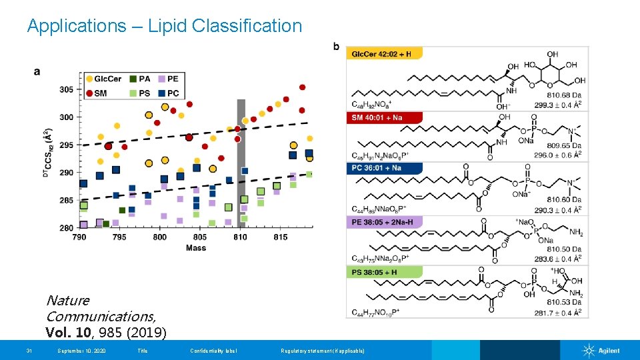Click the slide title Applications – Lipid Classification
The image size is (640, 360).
(164, 26)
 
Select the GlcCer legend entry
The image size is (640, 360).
(103, 79)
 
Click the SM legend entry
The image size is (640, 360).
(96, 94)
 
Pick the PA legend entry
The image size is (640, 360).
(139, 79)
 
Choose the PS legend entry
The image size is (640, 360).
(139, 94)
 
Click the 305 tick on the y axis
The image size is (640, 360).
(67, 89)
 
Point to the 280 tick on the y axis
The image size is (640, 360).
(67, 228)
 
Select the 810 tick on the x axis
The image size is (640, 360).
(241, 237)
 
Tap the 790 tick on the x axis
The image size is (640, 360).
(79, 237)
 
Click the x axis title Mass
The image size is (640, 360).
(196, 248)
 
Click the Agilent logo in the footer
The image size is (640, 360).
(601, 351)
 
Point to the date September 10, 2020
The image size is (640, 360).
(81, 351)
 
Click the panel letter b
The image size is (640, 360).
(336, 46)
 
